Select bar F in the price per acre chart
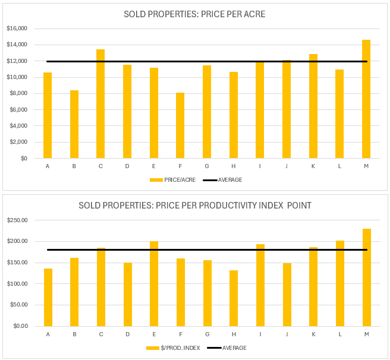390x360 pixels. [180, 125]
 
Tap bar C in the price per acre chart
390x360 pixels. [100, 104]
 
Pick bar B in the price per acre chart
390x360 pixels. [74, 124]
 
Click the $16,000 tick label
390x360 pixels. [17, 29]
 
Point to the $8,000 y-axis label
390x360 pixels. [18, 93]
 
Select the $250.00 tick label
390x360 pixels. [17, 220]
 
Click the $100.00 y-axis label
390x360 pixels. [17, 284]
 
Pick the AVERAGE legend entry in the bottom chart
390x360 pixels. [234, 348]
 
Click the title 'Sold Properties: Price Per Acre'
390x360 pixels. [195, 14]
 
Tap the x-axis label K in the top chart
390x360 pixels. [313, 166]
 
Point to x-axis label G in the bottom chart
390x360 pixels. [207, 334]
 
